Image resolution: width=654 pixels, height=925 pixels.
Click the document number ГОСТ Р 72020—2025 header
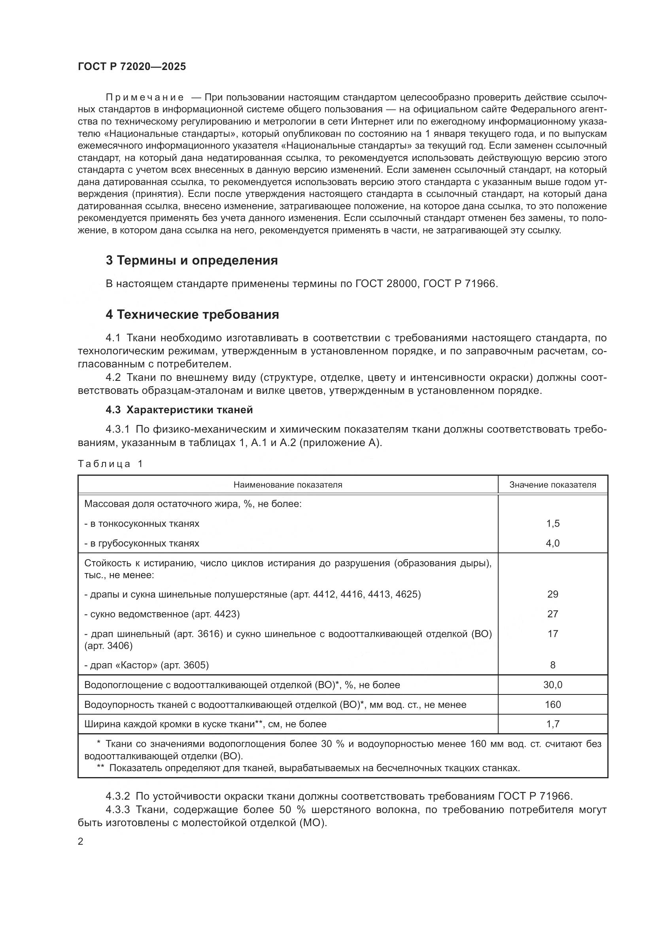(x=132, y=67)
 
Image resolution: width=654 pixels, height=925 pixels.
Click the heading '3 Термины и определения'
(x=192, y=261)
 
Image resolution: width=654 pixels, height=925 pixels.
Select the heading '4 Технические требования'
(x=192, y=315)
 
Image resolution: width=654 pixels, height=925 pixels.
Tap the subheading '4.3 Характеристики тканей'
(x=179, y=410)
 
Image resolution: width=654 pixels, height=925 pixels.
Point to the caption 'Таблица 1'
(x=110, y=464)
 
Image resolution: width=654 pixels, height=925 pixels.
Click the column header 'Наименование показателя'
(x=287, y=485)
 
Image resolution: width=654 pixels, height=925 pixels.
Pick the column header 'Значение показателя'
(x=552, y=485)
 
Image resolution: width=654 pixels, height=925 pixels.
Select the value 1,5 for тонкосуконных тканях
(x=552, y=524)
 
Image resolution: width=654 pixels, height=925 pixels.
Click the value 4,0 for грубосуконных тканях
(x=552, y=543)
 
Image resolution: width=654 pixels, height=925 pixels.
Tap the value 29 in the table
(x=552, y=594)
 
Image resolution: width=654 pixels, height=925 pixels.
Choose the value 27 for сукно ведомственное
(x=552, y=614)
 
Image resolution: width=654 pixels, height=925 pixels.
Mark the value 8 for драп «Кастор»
(x=552, y=665)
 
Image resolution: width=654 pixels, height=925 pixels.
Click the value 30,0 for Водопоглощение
(x=552, y=685)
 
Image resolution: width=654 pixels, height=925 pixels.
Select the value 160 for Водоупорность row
(x=552, y=705)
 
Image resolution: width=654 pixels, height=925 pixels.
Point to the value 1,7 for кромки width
(x=552, y=724)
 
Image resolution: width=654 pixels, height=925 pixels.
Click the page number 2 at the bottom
(x=81, y=842)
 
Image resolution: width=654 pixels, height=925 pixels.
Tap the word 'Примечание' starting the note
(x=145, y=98)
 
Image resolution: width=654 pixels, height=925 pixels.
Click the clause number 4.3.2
(x=117, y=796)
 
